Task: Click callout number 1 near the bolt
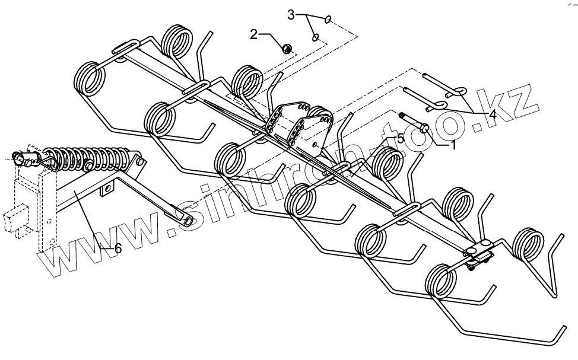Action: pos(453,145)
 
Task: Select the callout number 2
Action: pos(254,34)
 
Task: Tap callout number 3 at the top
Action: pos(291,14)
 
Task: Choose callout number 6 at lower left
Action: pos(117,249)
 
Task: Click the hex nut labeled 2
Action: pos(285,48)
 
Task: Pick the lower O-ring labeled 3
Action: pos(316,37)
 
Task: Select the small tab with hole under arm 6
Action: pos(107,189)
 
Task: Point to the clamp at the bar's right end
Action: pos(478,253)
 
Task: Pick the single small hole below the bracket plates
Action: pos(315,144)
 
